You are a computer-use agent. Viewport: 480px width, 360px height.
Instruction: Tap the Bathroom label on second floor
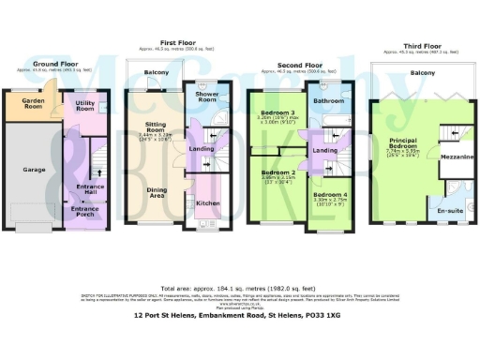[329, 101]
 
